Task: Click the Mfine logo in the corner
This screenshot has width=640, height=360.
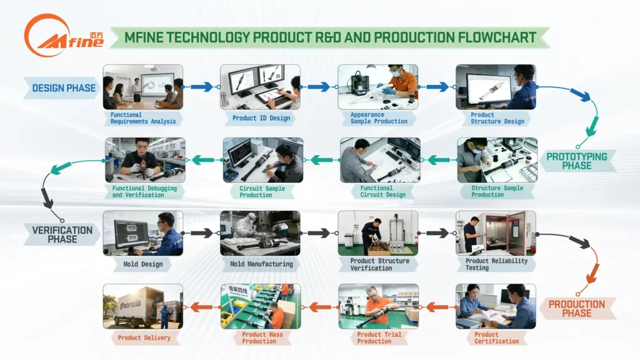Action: point(54,36)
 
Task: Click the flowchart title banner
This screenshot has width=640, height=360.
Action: point(329,37)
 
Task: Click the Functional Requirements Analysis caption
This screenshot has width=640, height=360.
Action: point(144,118)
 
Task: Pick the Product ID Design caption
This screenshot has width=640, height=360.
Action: point(261,118)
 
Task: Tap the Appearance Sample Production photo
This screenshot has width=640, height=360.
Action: point(377,87)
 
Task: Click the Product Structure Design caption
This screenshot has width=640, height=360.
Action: point(497,118)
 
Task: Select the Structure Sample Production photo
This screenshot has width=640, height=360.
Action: point(496,160)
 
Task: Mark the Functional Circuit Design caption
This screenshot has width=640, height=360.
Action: point(379,191)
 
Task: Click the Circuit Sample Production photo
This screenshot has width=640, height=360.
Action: point(262,160)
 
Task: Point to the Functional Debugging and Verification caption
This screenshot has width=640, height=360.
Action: point(144,191)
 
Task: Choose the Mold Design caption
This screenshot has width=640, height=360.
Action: point(142,264)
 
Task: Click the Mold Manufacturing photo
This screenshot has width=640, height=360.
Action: point(260,232)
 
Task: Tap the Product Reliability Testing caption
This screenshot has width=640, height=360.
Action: point(496,264)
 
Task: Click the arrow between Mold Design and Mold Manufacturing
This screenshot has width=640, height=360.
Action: point(201,233)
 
